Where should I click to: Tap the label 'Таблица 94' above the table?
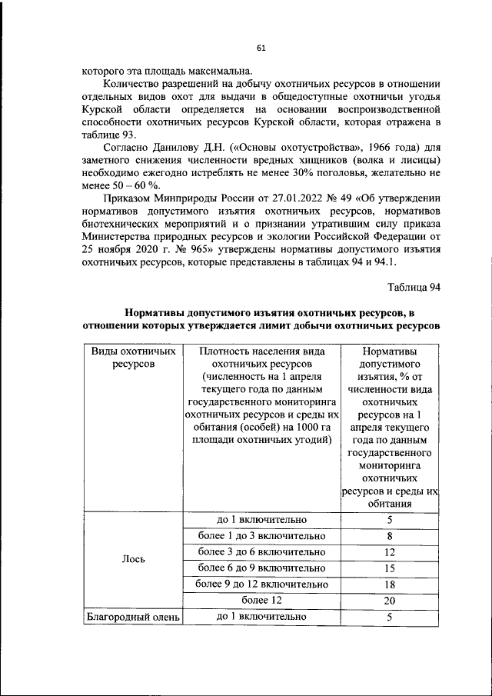[x=414, y=288]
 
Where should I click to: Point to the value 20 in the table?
[x=390, y=601]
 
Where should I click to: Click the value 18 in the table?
[x=390, y=584]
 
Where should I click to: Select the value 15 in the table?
[x=390, y=568]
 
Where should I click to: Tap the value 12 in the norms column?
[x=390, y=552]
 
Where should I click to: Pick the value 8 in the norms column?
[x=390, y=536]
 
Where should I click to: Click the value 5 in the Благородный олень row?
[x=390, y=617]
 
